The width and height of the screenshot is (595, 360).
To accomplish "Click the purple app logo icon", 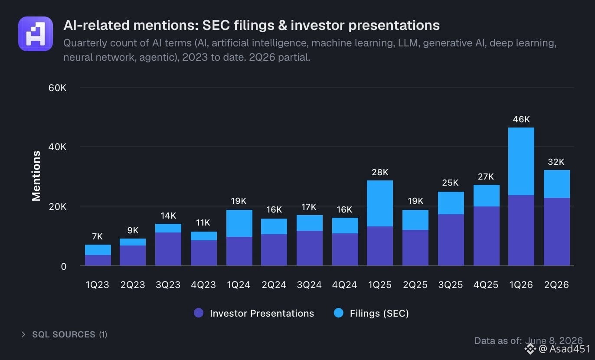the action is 36,34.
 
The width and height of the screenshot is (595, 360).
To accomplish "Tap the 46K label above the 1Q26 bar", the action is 521,119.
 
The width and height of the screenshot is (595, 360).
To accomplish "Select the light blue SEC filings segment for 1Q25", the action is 380,203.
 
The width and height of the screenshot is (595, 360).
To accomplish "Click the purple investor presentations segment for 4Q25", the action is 486,236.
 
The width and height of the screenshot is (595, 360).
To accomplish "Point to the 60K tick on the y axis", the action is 57,88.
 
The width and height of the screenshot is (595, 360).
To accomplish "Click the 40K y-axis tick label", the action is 57,147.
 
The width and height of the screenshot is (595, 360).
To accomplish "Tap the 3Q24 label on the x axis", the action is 309,285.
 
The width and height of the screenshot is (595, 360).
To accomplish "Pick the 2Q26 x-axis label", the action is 556,285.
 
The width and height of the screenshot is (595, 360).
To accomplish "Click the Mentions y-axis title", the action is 36,176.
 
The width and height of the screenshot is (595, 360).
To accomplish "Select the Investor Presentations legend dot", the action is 199,313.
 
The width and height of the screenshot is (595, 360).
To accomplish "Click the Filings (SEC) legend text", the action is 379,314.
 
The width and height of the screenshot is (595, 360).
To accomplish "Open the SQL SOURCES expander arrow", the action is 23,334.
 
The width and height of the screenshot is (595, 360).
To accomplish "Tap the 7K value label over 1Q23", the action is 97,236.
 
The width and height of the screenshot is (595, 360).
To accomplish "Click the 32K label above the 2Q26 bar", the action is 556,162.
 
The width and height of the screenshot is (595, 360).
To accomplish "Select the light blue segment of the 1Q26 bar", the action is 521,161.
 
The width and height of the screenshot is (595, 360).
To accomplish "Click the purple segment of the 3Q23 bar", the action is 168,249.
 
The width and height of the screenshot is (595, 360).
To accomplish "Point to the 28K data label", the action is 380,173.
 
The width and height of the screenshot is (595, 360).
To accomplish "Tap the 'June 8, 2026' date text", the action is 554,340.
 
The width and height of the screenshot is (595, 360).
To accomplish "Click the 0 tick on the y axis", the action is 63,266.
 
